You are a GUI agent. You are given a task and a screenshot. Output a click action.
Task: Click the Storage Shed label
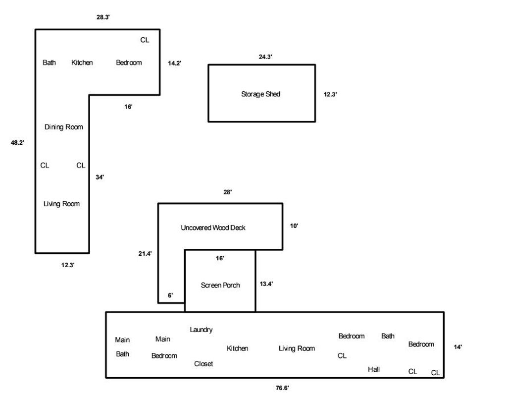point(260,94)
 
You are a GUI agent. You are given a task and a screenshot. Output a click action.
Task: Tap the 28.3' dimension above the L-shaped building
point(103,17)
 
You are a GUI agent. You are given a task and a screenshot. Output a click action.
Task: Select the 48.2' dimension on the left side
point(17,142)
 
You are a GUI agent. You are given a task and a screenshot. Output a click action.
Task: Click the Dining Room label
point(64,127)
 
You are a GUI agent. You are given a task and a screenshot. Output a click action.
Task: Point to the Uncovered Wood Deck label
point(213,228)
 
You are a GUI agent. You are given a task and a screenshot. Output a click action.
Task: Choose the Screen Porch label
point(220,285)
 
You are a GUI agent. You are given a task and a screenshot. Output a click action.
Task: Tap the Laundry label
point(201,330)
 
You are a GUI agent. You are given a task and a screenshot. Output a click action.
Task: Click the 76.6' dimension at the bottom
point(282,388)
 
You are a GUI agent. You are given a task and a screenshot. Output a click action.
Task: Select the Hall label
point(374,369)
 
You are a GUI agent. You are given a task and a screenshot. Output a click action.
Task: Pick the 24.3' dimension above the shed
point(265,57)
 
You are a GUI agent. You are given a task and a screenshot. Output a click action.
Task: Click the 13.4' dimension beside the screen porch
point(266,284)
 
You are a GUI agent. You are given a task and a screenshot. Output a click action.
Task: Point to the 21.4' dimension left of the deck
point(145,253)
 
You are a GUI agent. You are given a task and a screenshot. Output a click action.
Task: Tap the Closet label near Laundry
point(203,364)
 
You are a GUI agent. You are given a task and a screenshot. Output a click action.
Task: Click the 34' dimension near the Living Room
point(100,177)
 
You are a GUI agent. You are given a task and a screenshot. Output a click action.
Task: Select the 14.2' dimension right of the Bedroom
point(175,63)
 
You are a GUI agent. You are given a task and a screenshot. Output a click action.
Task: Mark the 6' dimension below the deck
point(170,295)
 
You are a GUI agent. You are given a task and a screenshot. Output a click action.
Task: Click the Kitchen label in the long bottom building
point(237,348)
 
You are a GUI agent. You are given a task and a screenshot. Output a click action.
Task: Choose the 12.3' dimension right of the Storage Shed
point(330,94)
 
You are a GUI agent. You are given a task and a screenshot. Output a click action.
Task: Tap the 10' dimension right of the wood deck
point(294,226)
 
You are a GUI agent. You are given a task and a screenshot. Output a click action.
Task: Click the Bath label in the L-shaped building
point(49,62)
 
